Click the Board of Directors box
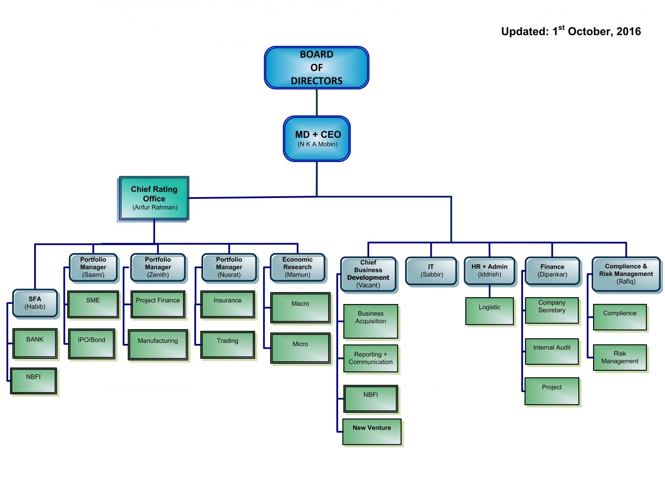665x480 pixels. [x=316, y=68]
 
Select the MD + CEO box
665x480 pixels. [x=317, y=139]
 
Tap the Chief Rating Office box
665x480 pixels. [x=154, y=198]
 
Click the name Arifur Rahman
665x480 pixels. [x=155, y=208]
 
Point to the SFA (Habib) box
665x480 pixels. [x=35, y=303]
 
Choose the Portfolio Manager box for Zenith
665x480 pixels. [x=158, y=267]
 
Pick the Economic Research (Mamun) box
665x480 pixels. [x=297, y=267]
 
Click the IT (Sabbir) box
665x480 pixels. [x=431, y=271]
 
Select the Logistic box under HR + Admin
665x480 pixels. [x=490, y=311]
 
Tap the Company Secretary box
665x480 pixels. [x=552, y=310]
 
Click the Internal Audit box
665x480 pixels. [x=552, y=351]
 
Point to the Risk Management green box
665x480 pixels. [x=620, y=357]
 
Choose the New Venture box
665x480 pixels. [x=372, y=431]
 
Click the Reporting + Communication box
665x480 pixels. [x=371, y=358]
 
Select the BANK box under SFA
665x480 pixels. [x=35, y=344]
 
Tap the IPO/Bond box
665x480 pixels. [x=91, y=344]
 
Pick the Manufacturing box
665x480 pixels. [x=158, y=344]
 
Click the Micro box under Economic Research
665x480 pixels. [x=300, y=348]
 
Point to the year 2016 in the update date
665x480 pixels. [x=629, y=32]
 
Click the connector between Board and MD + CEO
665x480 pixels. [x=317, y=103]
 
